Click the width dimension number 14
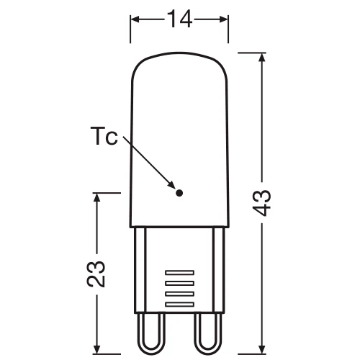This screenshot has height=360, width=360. click(x=179, y=19)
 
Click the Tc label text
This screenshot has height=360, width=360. click(x=104, y=138)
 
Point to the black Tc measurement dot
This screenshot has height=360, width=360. click(x=180, y=192)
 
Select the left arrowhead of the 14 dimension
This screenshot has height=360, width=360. click(x=135, y=19)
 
